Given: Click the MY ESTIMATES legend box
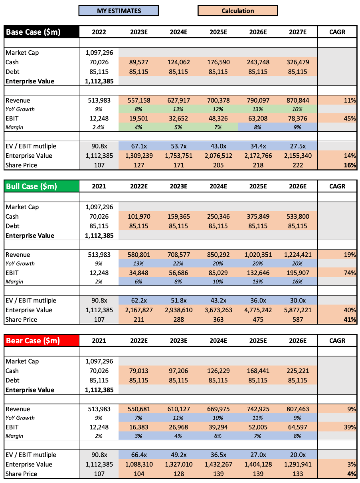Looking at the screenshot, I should coord(119,11).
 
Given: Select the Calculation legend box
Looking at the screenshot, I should coord(237,11).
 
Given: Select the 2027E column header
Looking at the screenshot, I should coord(297,32).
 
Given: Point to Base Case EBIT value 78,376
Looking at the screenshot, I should coord(297,118).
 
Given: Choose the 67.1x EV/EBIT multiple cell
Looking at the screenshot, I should coord(138,146).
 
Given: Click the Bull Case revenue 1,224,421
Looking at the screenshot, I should coord(297,255).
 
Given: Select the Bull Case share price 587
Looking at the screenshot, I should coord(297,319).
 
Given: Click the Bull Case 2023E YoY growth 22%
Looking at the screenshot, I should coord(178,263).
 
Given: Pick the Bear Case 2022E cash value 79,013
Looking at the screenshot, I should coord(138,371).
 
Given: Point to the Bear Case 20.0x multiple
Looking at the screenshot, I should coord(297,455).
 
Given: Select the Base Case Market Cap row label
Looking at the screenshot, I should coord(22,52).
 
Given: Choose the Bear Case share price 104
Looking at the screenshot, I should coord(138,474).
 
